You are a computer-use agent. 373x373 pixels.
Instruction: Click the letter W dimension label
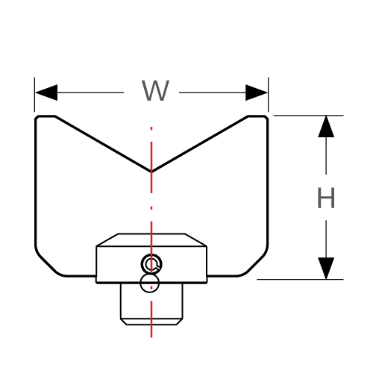[x=156, y=92]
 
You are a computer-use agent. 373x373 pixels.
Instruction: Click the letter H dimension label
[x=326, y=198]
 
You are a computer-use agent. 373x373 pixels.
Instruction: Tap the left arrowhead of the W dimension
[x=46, y=93]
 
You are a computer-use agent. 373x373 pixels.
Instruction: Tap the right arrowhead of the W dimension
[x=257, y=93]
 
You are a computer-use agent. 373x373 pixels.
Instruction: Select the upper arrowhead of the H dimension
[x=326, y=127]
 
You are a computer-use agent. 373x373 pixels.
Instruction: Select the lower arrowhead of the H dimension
[x=326, y=268]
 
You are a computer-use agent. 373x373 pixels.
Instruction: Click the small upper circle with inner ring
[x=152, y=263]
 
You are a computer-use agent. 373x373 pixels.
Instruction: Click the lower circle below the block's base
[x=151, y=283]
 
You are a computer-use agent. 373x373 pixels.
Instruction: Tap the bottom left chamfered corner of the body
[x=48, y=262]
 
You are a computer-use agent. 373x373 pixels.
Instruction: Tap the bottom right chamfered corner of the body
[x=255, y=262]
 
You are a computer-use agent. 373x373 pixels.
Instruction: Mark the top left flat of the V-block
[x=45, y=116]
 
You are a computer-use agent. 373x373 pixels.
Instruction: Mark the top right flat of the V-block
[x=257, y=116]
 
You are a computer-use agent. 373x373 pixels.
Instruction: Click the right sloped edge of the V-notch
[x=200, y=144]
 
